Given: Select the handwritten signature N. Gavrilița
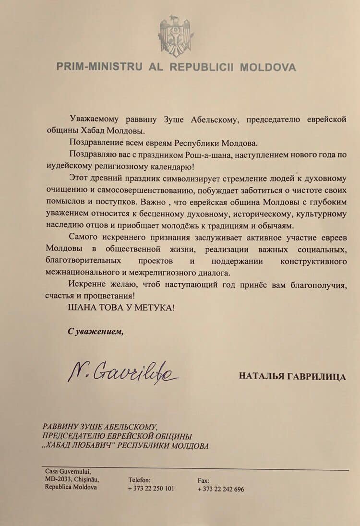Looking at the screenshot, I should coord(122,371).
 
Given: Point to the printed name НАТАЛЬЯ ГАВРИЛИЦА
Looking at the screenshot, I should coord(292,376).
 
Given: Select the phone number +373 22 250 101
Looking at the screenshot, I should coord(151,489).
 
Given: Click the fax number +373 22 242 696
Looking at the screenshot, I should coord(220,489).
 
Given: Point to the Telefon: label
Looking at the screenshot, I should coord(139,479).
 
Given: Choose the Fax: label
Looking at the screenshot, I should coord(203,480).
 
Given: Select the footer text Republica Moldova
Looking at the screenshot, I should coord(71,487).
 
